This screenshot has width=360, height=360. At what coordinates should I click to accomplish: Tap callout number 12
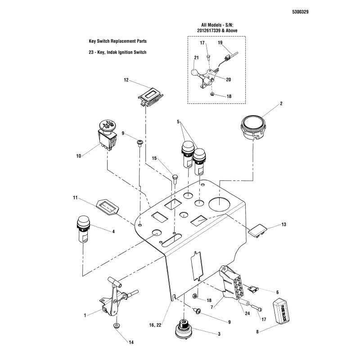(x=126, y=80)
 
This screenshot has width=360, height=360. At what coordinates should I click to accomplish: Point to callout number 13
(x=283, y=224)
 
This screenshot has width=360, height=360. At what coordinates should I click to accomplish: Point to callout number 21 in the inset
(x=196, y=58)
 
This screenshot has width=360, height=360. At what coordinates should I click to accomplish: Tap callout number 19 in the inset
(x=220, y=43)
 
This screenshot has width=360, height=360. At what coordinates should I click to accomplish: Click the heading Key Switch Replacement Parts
(x=118, y=41)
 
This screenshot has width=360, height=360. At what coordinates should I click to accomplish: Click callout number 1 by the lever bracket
(x=85, y=316)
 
